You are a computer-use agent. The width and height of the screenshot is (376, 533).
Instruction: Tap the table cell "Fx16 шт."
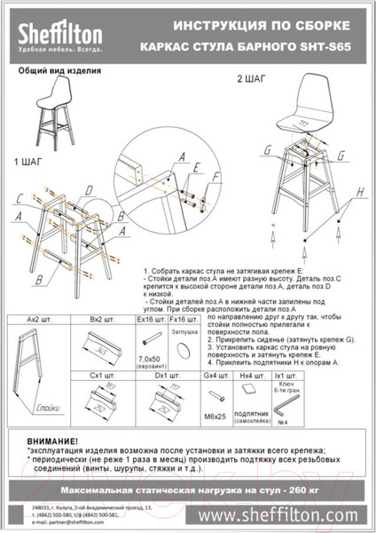(x=184, y=317)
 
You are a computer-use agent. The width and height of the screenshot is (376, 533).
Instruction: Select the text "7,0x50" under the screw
(x=145, y=357)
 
